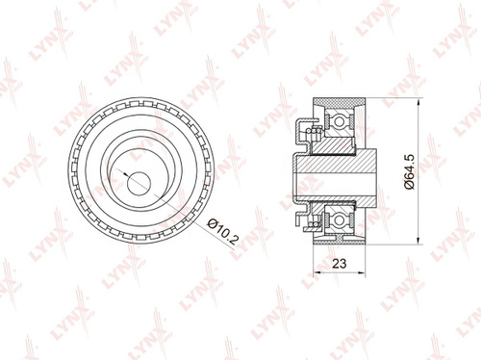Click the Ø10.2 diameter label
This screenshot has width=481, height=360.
223,231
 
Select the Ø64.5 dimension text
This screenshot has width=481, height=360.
410,171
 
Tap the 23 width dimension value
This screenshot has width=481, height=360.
340,264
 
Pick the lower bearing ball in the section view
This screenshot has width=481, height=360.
339,220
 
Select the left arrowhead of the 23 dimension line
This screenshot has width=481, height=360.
316,272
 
